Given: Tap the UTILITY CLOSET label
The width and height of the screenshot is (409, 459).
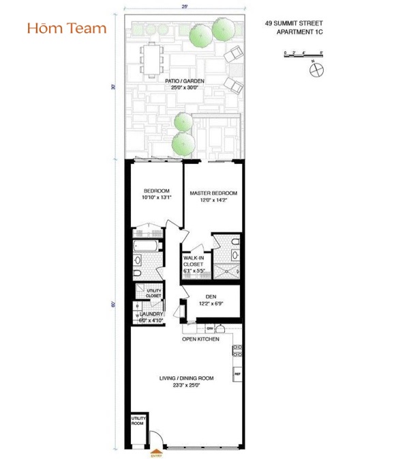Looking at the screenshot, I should coord(153,294).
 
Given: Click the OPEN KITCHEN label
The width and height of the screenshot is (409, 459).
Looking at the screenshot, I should coord(200,339).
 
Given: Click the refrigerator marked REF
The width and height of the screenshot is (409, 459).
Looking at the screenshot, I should coord(237,375).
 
